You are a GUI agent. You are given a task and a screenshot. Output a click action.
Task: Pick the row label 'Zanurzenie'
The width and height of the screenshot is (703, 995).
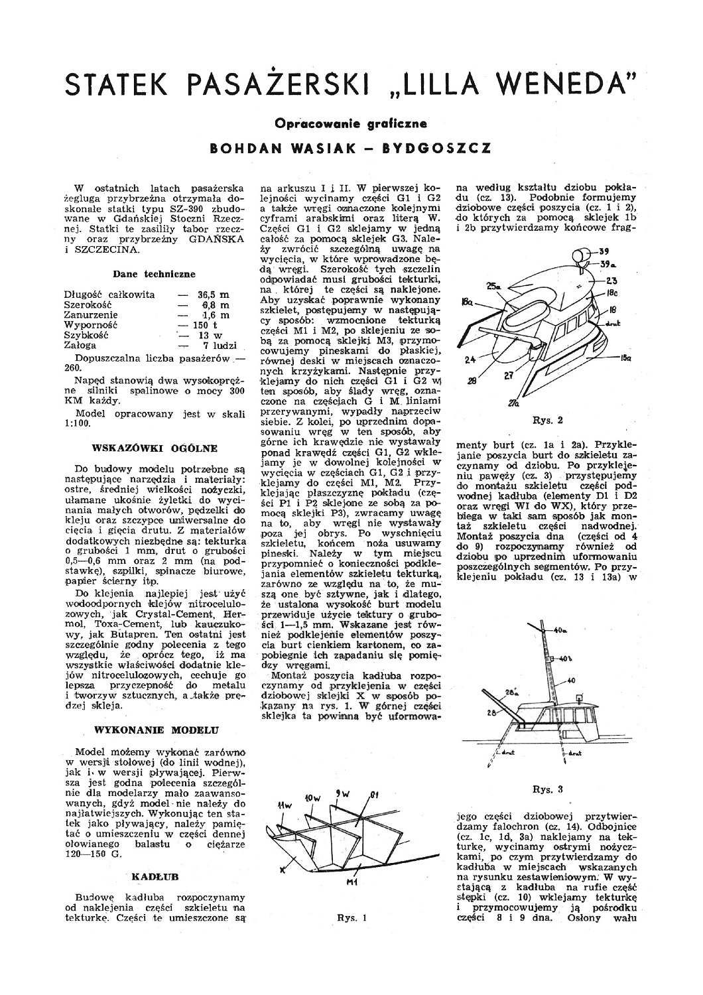tap(91, 315)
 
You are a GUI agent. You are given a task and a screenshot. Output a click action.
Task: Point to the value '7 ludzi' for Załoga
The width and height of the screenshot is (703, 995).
tap(216, 346)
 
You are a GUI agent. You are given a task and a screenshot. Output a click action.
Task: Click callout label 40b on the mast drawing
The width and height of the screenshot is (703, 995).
tap(564, 659)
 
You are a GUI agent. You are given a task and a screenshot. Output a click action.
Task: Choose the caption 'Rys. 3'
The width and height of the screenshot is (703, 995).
tap(547, 789)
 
